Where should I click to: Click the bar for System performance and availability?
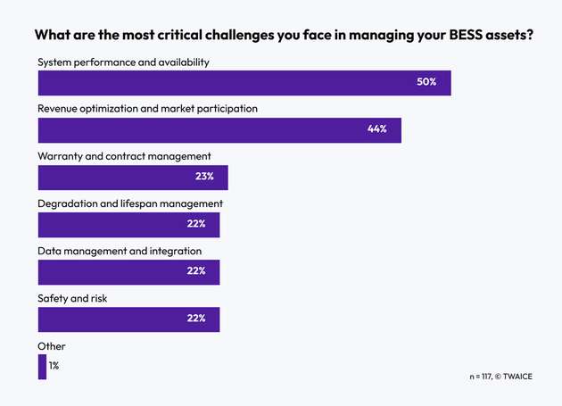click(x=244, y=82)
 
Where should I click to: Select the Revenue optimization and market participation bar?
click(x=219, y=129)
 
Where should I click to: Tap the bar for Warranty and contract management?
click(x=132, y=177)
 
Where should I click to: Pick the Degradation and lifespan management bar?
click(x=128, y=224)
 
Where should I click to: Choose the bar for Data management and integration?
click(x=128, y=271)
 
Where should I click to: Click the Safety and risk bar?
click(x=128, y=319)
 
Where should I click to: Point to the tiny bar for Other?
click(x=42, y=366)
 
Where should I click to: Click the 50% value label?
click(x=426, y=82)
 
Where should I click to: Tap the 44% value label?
click(x=376, y=129)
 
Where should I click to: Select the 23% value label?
click(x=204, y=177)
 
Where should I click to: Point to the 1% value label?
click(x=54, y=366)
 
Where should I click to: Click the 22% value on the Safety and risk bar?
click(x=196, y=319)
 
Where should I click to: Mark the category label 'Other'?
click(x=52, y=346)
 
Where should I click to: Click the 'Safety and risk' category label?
click(x=72, y=299)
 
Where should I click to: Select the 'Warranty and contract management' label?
click(x=124, y=156)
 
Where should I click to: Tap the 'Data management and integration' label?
click(x=120, y=252)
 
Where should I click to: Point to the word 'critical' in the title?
click(x=175, y=37)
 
